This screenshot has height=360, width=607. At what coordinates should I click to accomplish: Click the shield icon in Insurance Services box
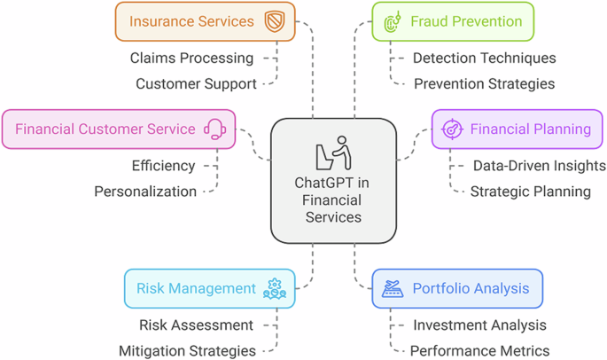pyautogui.click(x=274, y=21)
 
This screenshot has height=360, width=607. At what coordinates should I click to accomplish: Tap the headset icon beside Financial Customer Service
pyautogui.click(x=214, y=129)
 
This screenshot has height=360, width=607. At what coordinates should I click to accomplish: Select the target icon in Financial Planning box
pyautogui.click(x=452, y=129)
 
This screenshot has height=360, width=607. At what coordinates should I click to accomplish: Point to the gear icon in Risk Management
pyautogui.click(x=275, y=288)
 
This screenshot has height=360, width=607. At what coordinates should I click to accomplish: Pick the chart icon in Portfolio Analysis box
pyautogui.click(x=393, y=289)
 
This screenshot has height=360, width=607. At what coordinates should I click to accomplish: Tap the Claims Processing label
pyautogui.click(x=191, y=59)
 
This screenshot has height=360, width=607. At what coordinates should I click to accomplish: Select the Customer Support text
pyautogui.click(x=196, y=84)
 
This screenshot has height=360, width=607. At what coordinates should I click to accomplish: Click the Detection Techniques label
pyautogui.click(x=484, y=59)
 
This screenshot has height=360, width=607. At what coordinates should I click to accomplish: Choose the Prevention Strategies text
pyautogui.click(x=484, y=84)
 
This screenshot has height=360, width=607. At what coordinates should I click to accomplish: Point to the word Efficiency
pyautogui.click(x=163, y=166)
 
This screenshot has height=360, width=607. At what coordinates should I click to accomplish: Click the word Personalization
pyautogui.click(x=145, y=192)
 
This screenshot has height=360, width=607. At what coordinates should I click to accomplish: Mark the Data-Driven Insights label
pyautogui.click(x=539, y=166)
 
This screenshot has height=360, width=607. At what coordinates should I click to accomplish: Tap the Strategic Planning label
pyautogui.click(x=530, y=192)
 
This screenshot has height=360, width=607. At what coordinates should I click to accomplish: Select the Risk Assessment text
pyautogui.click(x=196, y=325)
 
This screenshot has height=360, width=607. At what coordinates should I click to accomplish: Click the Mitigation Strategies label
pyautogui.click(x=187, y=351)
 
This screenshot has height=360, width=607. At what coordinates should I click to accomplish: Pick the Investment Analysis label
pyautogui.click(x=479, y=325)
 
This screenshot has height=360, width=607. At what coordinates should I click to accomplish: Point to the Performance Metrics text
pyautogui.click(x=479, y=351)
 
